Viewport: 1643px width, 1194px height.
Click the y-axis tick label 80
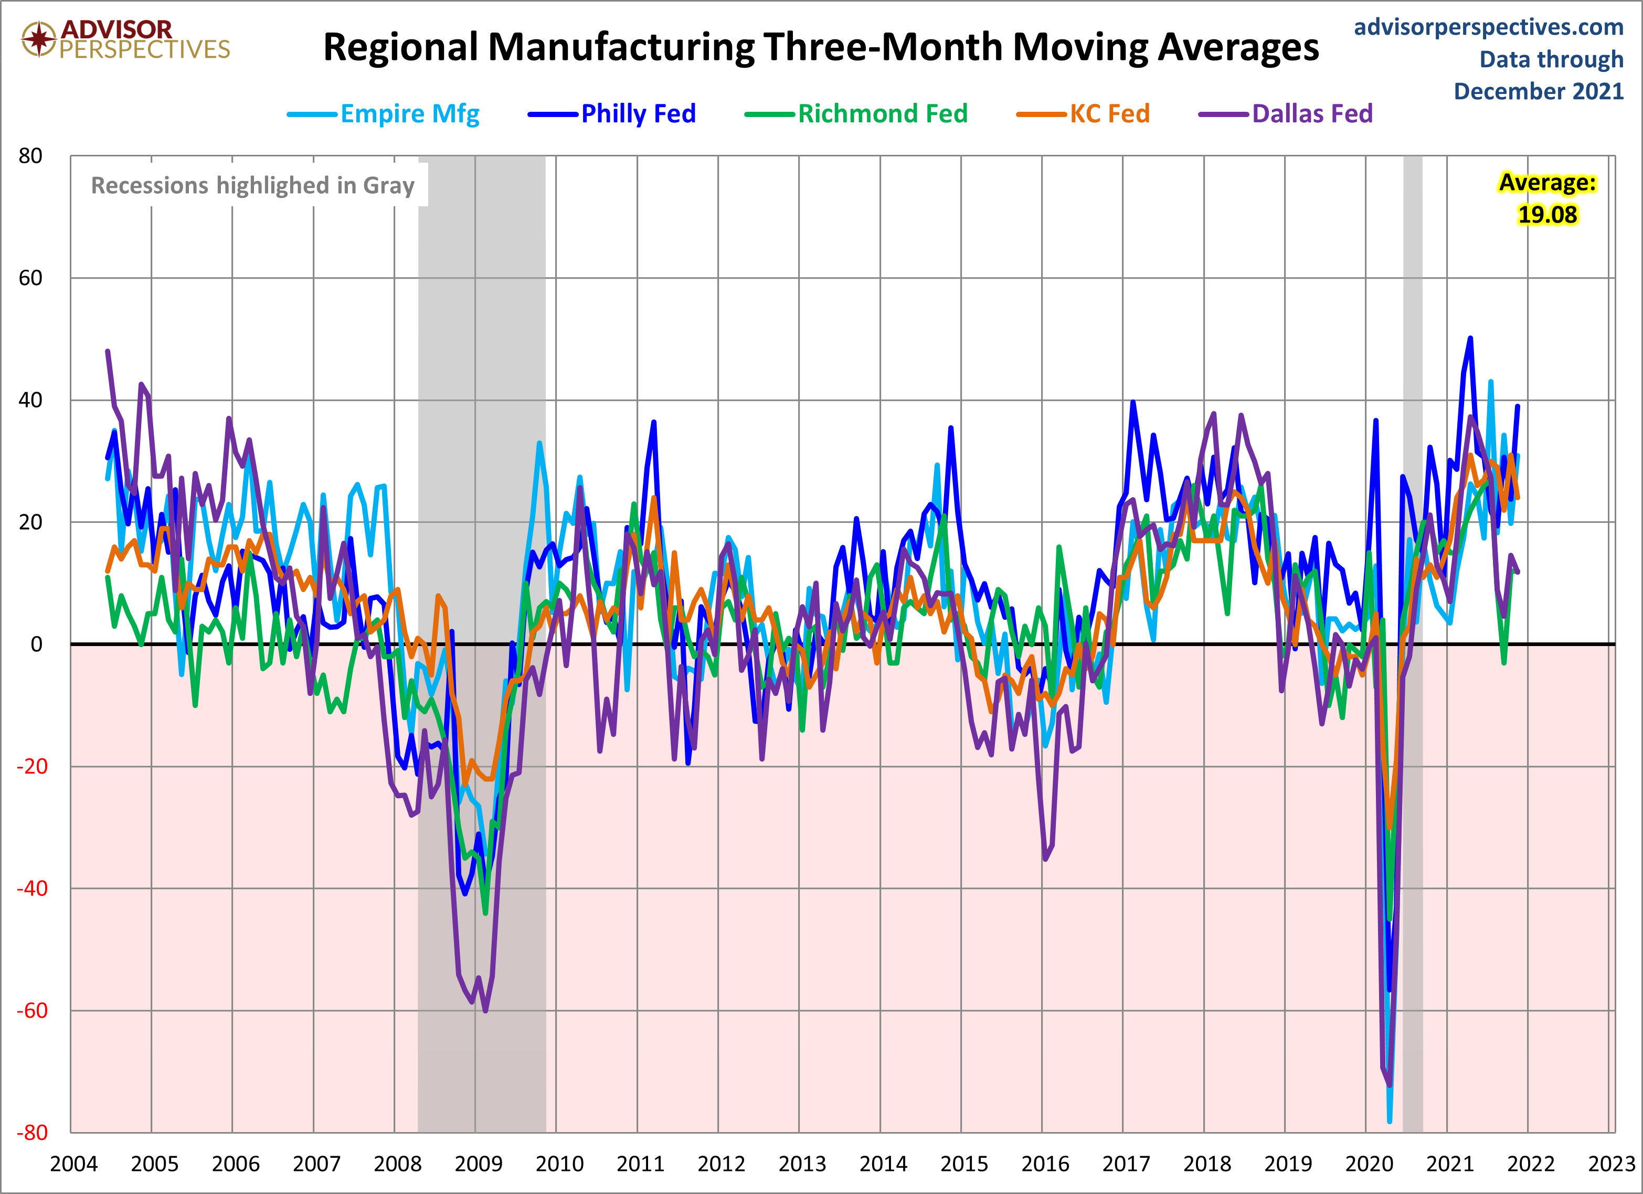pos(30,156)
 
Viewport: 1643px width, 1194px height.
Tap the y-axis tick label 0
pos(36,644)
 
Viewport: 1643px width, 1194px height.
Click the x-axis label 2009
pos(478,1164)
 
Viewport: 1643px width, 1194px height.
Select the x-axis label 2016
pos(1045,1164)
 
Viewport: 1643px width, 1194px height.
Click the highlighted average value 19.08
pos(1547,215)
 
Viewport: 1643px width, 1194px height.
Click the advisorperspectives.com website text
pos(1489,27)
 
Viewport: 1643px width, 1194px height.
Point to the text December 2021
pos(1539,91)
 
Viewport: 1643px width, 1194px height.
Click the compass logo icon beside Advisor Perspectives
pos(38,38)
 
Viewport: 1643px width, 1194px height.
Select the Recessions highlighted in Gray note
pos(252,185)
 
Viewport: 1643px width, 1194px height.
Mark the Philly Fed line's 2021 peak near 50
pos(1470,339)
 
